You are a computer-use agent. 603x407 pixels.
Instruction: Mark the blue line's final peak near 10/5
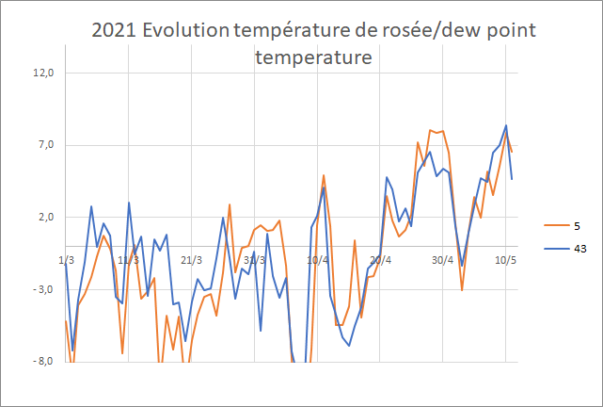coord(506,125)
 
